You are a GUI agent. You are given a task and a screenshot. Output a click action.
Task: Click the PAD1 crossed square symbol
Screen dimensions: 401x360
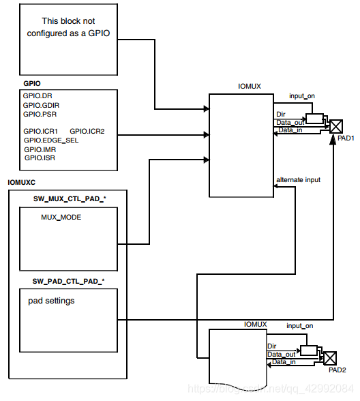click(337, 125)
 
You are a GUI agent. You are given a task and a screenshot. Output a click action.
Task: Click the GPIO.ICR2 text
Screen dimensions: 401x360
click(87, 130)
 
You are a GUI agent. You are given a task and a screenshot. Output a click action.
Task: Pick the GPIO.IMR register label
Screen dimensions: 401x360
click(39, 149)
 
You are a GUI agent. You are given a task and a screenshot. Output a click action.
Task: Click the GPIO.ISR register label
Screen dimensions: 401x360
click(39, 158)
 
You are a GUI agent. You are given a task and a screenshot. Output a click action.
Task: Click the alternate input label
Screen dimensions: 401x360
click(298, 179)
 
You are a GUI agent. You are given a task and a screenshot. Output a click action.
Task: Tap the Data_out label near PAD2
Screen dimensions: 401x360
click(282, 354)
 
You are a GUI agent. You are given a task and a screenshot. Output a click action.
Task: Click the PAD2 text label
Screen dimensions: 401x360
click(337, 370)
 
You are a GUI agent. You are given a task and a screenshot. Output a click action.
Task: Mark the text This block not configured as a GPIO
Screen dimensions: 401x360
click(68, 27)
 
